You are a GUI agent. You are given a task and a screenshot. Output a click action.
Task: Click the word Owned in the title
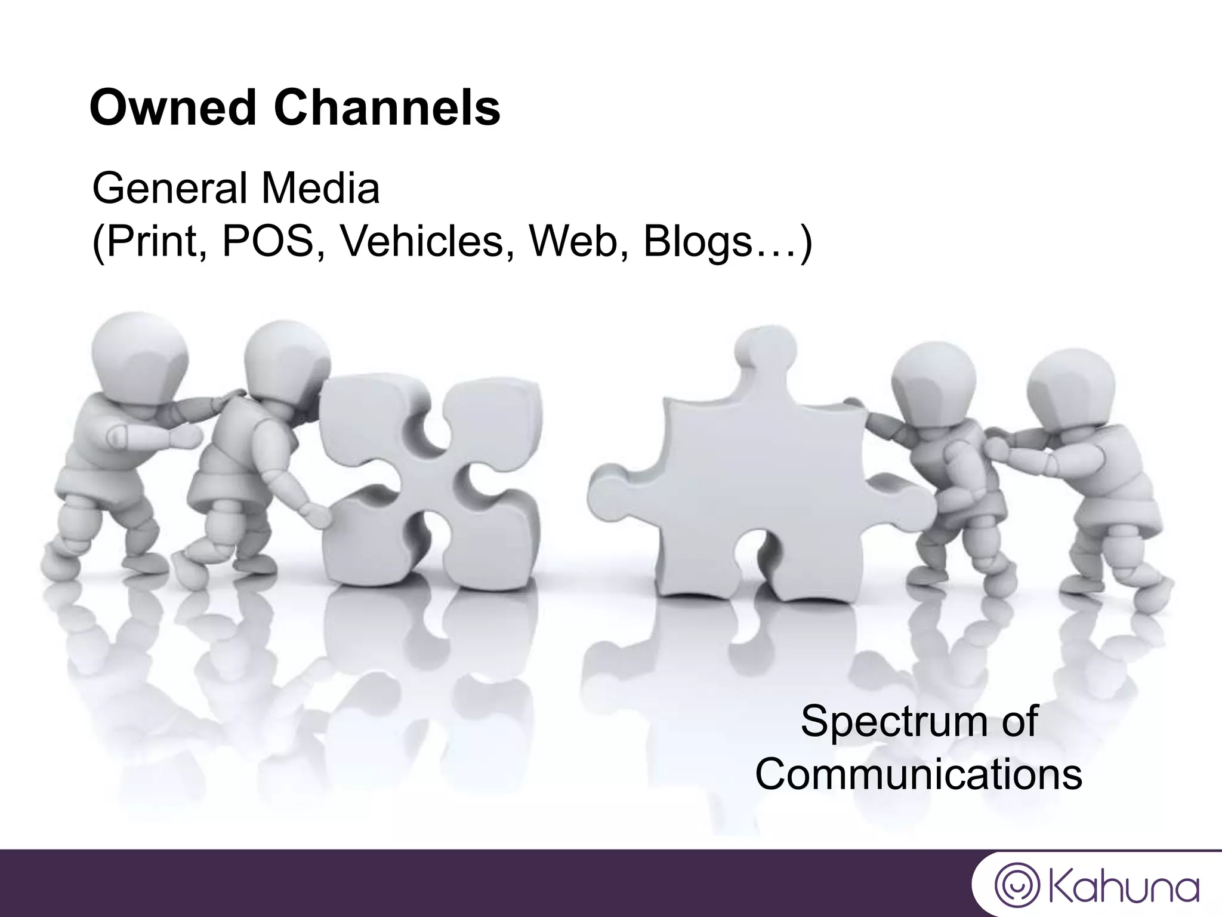(173, 108)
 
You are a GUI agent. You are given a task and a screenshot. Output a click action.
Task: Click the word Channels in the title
(387, 108)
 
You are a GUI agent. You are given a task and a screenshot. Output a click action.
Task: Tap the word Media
(320, 189)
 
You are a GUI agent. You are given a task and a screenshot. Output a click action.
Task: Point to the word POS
(269, 242)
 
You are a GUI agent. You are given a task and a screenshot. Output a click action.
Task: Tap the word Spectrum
(889, 721)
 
